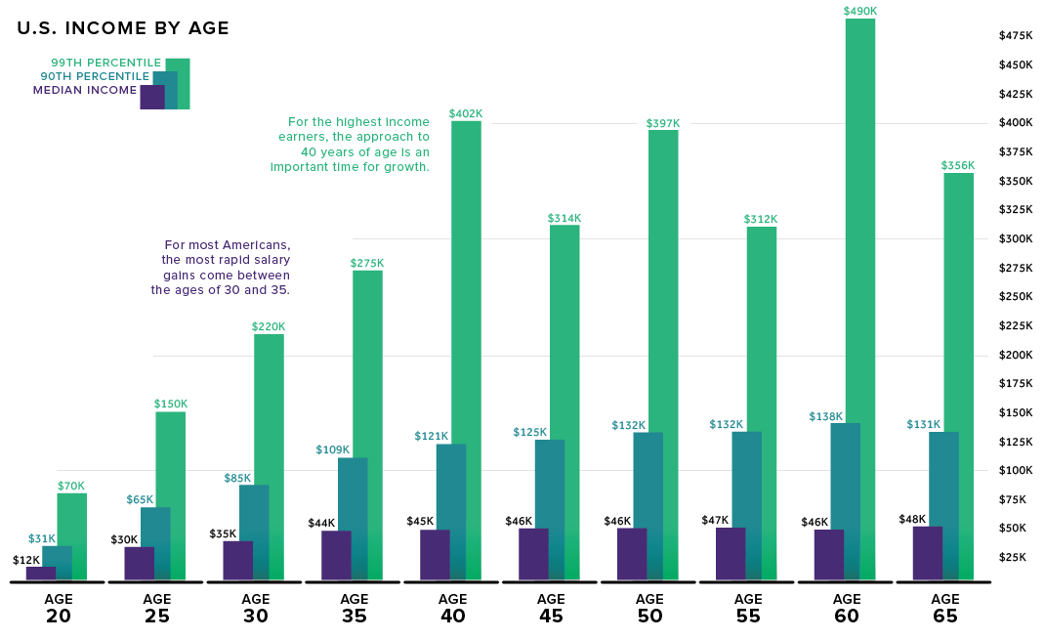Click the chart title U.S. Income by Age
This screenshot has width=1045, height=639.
(x=123, y=28)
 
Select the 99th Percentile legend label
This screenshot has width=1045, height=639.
(x=105, y=63)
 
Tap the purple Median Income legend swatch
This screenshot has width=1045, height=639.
(x=151, y=97)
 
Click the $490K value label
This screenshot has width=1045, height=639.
(x=860, y=11)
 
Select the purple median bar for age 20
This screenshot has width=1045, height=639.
(x=40, y=574)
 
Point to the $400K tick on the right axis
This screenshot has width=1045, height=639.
(x=1015, y=122)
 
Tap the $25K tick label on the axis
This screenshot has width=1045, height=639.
(x=1012, y=557)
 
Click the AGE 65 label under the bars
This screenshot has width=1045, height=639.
(x=944, y=608)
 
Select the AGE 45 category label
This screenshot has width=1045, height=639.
(x=551, y=608)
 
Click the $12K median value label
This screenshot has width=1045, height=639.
(x=26, y=560)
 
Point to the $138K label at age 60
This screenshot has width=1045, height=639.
(x=825, y=416)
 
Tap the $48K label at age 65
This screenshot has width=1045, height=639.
(x=912, y=519)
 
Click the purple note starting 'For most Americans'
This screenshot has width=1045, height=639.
(x=221, y=268)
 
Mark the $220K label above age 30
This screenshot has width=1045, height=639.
(x=269, y=326)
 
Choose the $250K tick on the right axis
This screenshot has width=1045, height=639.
(x=1015, y=296)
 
